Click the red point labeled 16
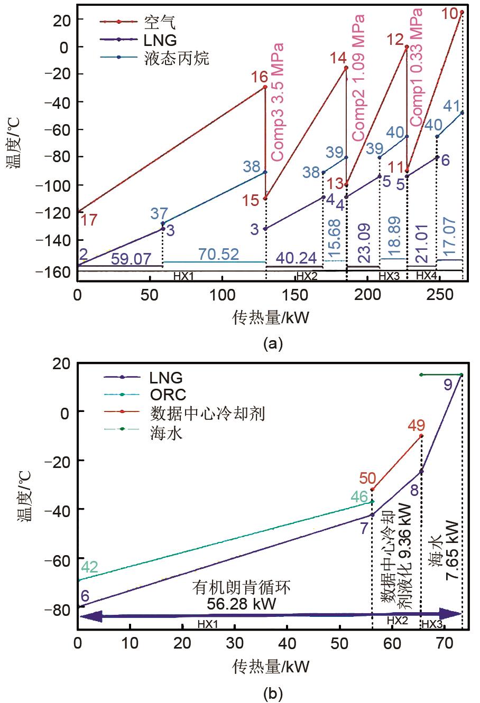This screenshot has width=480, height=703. pos(265,87)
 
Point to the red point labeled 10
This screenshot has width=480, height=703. pos(462,12)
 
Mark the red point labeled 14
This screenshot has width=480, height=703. pos(346,68)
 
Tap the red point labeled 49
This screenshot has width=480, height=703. pos(421,436)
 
